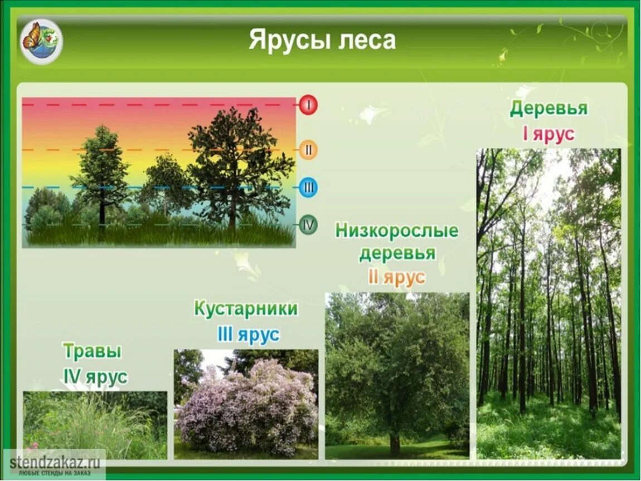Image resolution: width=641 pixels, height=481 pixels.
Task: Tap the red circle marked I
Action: tap(308, 105)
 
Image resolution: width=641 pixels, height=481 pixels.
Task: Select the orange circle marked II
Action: tap(308, 150)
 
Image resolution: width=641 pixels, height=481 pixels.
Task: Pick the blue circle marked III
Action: tap(308, 188)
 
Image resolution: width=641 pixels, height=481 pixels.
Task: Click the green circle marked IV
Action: tap(308, 225)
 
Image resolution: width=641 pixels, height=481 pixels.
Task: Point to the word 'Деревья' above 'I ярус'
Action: tap(548, 109)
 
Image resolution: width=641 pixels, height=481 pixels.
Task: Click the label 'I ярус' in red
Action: tap(548, 135)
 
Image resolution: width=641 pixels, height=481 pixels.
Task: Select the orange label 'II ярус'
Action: tap(396, 277)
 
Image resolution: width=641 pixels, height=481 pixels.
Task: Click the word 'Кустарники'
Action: tap(246, 309)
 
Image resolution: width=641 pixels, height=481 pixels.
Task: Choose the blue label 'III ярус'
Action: tap(247, 335)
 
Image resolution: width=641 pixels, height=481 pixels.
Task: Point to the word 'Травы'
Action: tap(93, 351)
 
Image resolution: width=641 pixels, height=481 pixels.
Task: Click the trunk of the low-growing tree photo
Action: tap(395, 443)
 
